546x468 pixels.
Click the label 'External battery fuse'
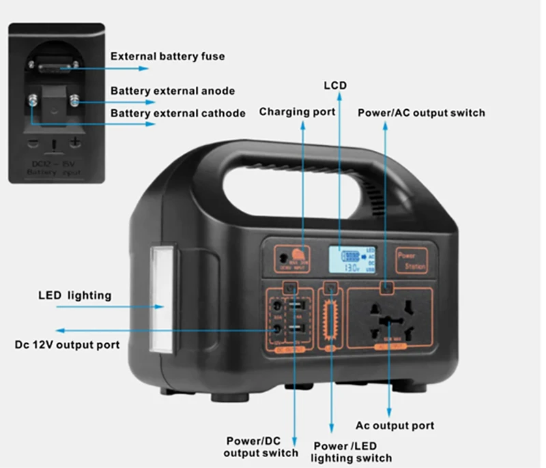pos(167,56)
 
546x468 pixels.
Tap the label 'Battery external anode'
pos(173,91)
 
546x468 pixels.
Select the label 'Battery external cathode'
pos(177,113)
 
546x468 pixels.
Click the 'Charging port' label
pos(297,111)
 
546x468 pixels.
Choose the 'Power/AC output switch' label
pos(421,112)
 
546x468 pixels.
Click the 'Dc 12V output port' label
pos(67,345)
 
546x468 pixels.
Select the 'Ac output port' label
pos(394,426)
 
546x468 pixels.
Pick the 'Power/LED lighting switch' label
pos(352,452)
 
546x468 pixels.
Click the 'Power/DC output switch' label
pos(261,446)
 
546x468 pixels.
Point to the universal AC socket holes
pos(390,319)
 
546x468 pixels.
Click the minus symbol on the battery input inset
pos(33,143)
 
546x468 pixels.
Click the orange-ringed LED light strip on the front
pos(332,318)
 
